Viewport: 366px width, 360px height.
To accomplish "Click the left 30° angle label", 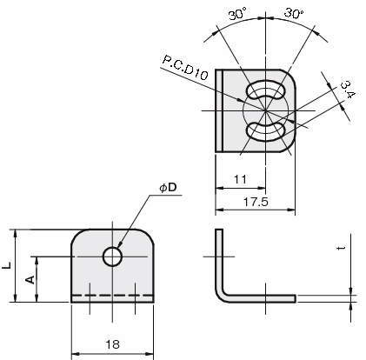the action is pos(237,14).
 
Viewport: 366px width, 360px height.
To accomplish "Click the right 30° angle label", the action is pos(293,13).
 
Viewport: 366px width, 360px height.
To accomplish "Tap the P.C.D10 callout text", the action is pos(185,67).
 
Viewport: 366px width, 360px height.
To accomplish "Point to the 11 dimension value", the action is pos(240,180).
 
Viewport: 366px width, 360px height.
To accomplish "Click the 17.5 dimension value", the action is pos(256,202).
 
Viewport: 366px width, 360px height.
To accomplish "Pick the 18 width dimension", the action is pos(112,344).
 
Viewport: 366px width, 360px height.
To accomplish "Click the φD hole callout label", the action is pos(168,188).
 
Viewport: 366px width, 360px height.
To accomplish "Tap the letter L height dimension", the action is pos(6,265).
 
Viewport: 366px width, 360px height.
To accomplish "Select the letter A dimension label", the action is pos(30,279).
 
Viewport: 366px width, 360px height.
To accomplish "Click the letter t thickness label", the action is pos(343,248).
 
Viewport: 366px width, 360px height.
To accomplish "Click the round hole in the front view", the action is pos(112,257).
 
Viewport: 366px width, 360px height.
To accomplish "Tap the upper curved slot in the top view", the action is pos(265,90).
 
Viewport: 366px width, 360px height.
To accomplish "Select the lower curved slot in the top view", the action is pos(265,131).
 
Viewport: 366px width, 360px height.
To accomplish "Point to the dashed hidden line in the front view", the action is pos(112,296).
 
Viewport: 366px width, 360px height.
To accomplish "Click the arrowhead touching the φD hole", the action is pos(120,246).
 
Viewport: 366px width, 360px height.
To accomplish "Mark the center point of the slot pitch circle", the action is pos(265,110).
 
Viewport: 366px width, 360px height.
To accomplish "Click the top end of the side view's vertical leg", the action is pos(219,230).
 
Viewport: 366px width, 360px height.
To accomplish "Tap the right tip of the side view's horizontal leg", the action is pos(296,298).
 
